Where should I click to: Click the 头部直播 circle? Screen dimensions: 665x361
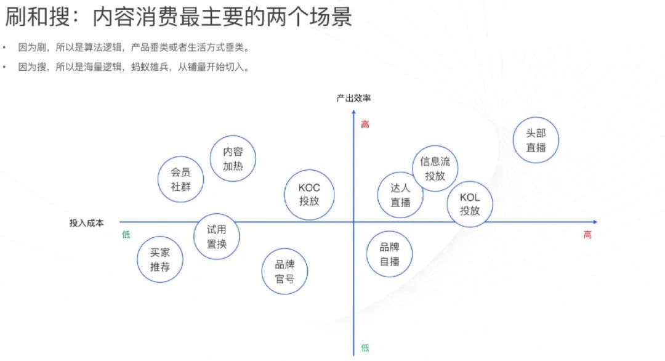point(536,140)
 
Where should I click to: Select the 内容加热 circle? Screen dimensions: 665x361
point(233,159)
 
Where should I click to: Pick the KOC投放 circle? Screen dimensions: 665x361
point(309,195)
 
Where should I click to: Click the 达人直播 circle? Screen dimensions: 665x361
point(400,195)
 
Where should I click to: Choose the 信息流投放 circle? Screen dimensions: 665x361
point(435,168)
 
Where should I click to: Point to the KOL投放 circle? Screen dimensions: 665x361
point(470,205)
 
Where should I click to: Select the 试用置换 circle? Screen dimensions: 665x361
point(217,237)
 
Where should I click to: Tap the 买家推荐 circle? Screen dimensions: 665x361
point(159,260)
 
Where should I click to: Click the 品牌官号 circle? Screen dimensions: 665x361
point(284,272)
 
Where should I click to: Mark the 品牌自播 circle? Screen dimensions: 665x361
point(389,254)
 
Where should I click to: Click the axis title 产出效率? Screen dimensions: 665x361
point(353,98)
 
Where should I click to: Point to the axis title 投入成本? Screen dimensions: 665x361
point(86,223)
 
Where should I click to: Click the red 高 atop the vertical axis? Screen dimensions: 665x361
point(365,124)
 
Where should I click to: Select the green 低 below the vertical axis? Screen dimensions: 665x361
point(365,348)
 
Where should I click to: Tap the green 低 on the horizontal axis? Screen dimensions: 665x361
point(126,235)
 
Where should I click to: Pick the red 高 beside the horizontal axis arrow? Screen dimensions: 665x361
point(587,235)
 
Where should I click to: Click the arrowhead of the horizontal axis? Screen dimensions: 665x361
point(594,222)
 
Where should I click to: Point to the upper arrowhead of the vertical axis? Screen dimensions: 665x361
point(354,112)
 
